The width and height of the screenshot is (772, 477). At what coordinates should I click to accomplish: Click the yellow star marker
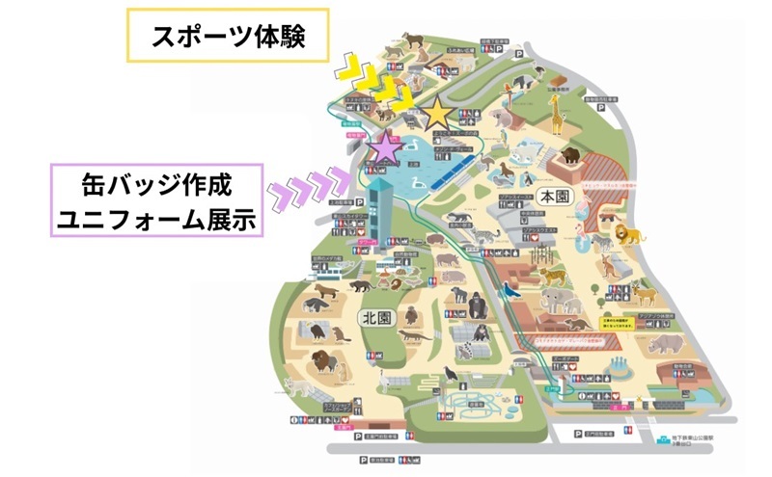click(x=436, y=114)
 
